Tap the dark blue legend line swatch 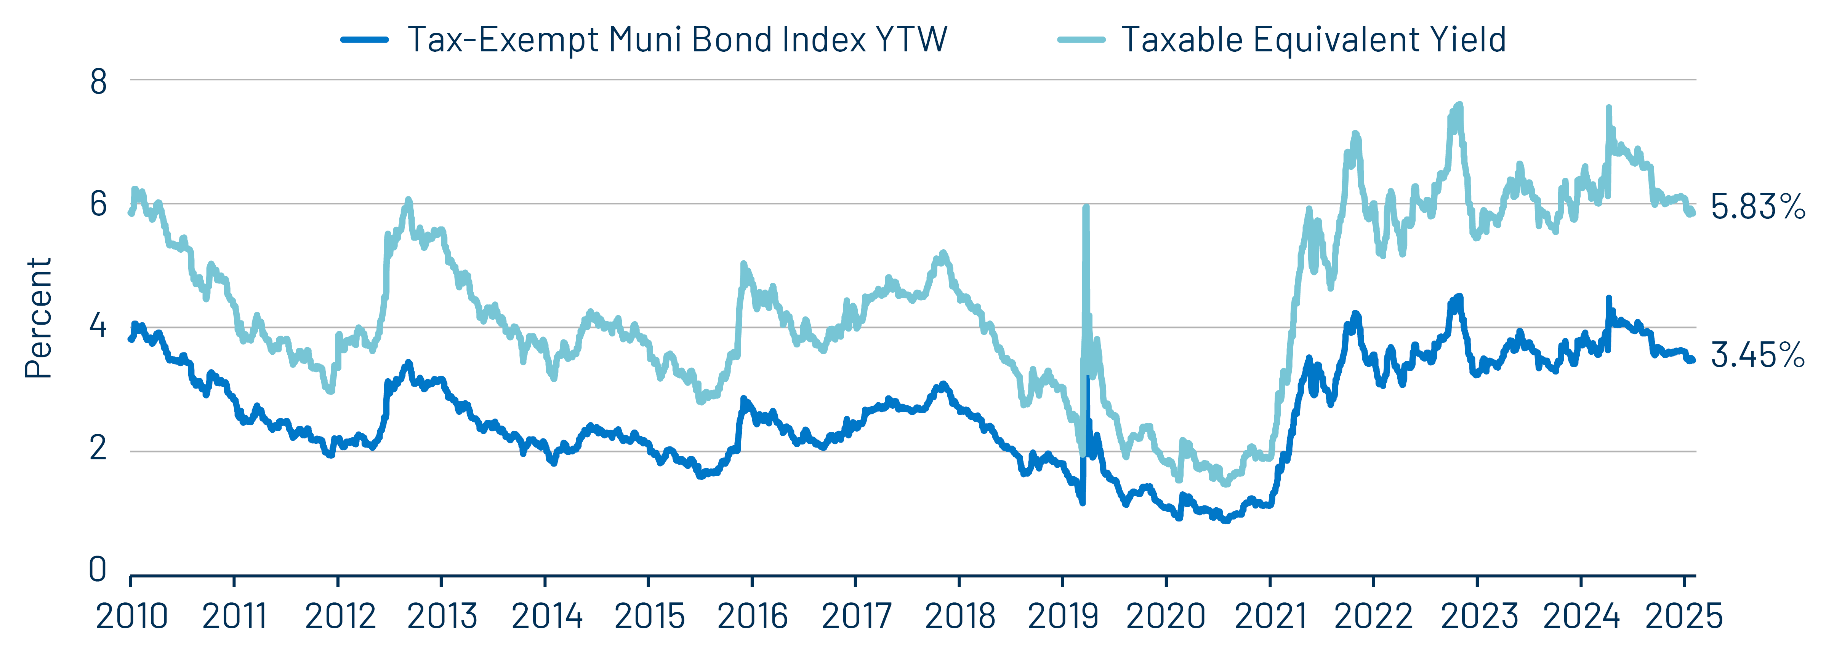pos(364,40)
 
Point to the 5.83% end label pos(1757,207)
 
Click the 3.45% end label pos(1757,354)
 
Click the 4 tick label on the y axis pos(99,327)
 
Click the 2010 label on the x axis pos(132,616)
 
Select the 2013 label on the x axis pos(442,616)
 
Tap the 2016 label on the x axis pos(752,616)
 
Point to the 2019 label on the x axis pos(1063,616)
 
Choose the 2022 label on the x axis pos(1373,616)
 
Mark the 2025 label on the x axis pos(1683,616)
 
